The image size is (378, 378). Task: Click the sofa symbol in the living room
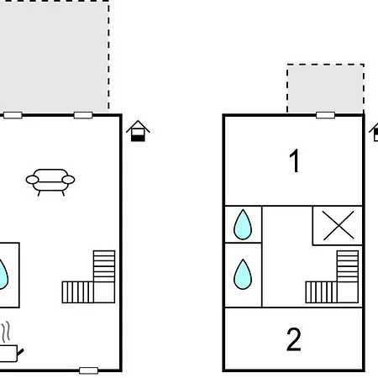50,182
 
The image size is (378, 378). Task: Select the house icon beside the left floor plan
138,131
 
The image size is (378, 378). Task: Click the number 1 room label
294,160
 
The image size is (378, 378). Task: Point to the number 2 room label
294,339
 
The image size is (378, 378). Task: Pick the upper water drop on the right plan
243,224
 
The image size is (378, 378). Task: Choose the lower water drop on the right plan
243,275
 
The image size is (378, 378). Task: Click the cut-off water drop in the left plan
3,275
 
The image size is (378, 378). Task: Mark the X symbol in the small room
339,225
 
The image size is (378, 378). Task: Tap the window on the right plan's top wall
325,115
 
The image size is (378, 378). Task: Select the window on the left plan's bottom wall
89,370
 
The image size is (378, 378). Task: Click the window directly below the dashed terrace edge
83,115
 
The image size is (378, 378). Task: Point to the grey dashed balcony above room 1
326,88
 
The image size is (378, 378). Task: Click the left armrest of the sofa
32,180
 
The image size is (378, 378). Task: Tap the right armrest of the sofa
68,180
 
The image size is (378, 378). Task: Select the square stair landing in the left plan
104,292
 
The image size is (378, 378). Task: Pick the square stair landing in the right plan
348,292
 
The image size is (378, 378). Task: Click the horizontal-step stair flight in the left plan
104,266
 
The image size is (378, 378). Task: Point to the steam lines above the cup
6,332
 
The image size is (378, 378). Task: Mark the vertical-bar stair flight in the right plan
322,292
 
